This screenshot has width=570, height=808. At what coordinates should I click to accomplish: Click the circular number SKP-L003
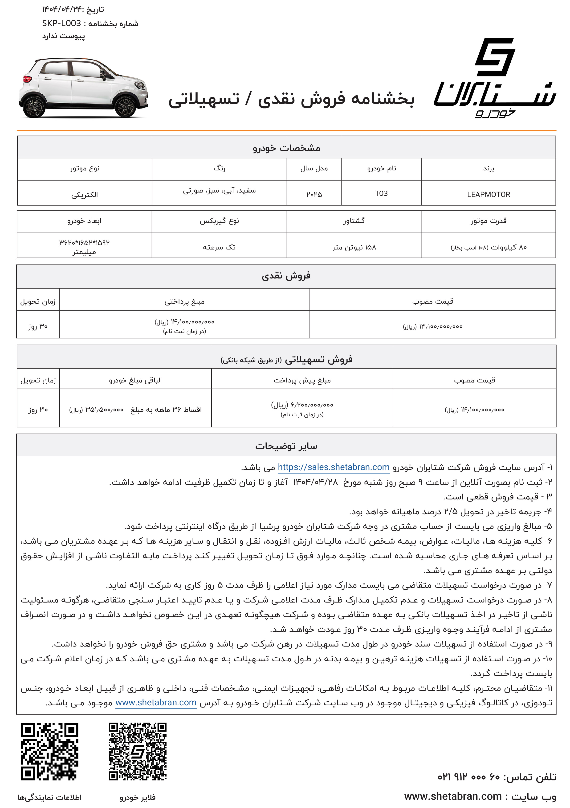62,23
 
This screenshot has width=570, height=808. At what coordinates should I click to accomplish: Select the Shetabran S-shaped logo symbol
495,57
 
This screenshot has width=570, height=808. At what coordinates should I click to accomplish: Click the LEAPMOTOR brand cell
488,194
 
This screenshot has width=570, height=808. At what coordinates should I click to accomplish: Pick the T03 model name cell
381,193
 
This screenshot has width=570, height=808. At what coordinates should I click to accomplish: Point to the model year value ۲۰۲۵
314,194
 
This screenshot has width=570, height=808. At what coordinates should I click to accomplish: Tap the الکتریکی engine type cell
85,195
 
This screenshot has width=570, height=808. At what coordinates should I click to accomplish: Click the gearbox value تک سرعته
219,247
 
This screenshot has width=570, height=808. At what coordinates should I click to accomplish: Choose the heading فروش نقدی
286,276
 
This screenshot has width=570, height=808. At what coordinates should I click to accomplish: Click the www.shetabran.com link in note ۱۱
156,702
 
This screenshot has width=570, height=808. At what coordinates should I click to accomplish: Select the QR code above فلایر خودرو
137,751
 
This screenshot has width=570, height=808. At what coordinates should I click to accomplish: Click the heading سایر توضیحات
286,446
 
